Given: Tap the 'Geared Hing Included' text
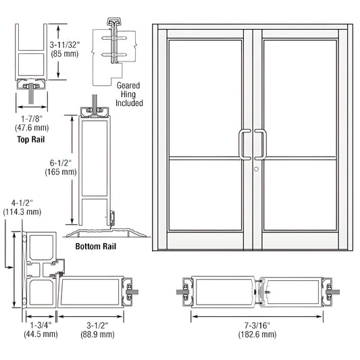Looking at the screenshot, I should [x=129, y=95].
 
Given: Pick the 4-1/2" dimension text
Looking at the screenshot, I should [x=23, y=203].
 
